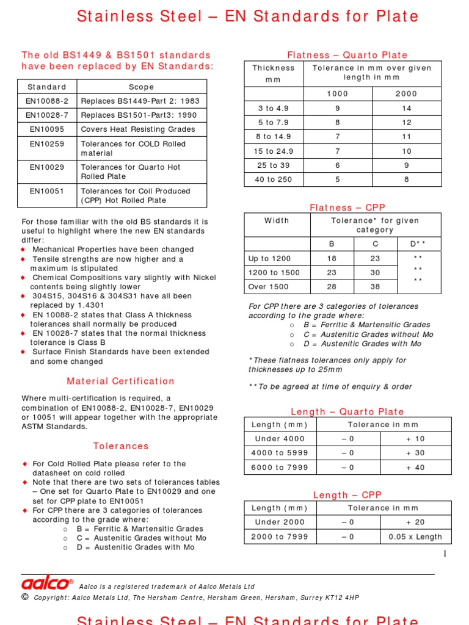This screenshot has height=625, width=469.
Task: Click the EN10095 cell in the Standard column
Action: point(46,129)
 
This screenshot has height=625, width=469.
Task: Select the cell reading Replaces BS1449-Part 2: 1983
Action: point(140,101)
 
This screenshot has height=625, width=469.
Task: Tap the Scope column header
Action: point(142,87)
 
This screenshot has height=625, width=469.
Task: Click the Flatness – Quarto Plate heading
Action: point(347,56)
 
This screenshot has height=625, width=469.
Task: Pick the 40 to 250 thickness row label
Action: point(274,179)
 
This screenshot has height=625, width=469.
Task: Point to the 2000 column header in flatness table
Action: point(406,94)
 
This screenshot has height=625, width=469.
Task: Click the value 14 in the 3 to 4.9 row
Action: point(407,109)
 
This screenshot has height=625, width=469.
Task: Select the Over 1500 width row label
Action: point(269,286)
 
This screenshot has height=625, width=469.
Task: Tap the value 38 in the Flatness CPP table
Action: point(375,286)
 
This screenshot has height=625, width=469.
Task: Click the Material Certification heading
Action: point(121,381)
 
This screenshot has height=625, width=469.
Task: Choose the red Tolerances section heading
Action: point(121,446)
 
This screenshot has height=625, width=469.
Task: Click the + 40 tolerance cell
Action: point(416,468)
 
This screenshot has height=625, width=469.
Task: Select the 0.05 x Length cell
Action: point(416,537)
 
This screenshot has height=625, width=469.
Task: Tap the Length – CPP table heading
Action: point(347,495)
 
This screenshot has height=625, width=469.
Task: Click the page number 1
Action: point(445,554)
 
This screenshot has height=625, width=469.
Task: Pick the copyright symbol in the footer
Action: point(25,597)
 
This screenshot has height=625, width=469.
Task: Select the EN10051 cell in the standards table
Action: point(46,191)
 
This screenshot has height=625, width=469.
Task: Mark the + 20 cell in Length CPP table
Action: point(416,522)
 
